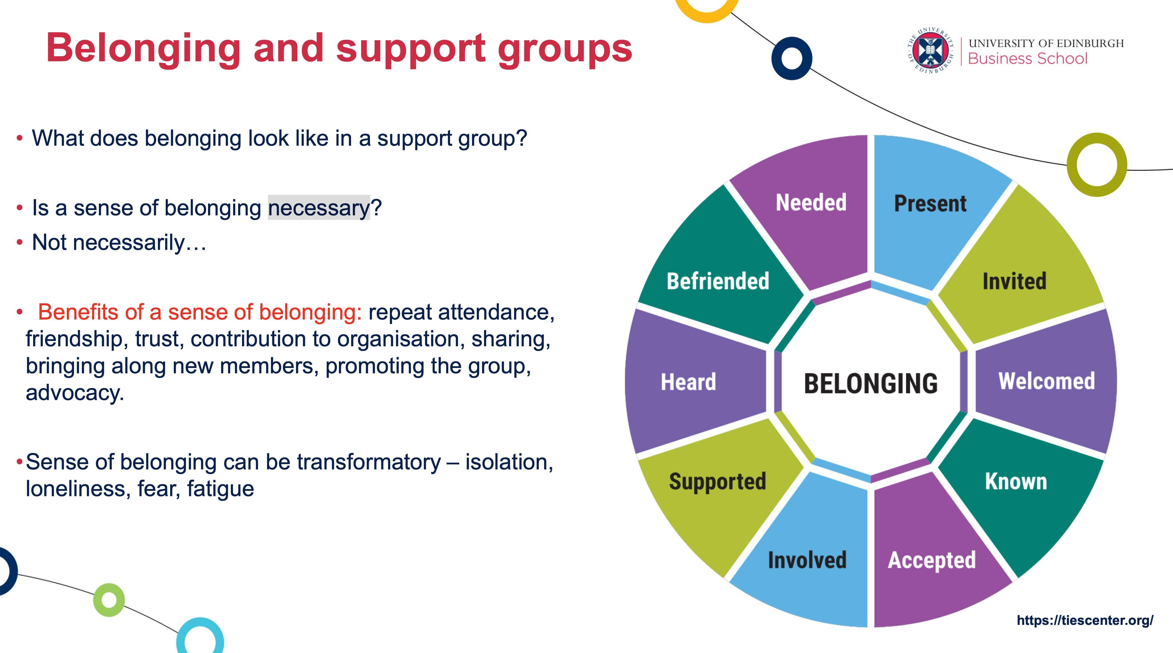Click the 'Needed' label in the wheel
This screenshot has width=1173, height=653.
point(811,203)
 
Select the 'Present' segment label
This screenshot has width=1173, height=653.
point(930,204)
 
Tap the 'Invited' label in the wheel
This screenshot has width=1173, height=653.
point(1014,281)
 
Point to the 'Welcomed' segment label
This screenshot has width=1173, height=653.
point(1046,381)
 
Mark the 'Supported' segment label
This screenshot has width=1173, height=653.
point(717,481)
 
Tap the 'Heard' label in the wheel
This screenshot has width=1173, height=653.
point(688,382)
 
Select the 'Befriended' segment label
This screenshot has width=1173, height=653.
point(718,281)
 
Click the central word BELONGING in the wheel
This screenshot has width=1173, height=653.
point(871,383)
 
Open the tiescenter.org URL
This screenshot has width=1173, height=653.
point(1085,620)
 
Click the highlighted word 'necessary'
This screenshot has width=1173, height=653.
point(319,208)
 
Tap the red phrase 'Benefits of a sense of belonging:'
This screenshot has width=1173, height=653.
point(199,312)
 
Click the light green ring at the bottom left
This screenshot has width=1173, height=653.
point(109,600)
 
